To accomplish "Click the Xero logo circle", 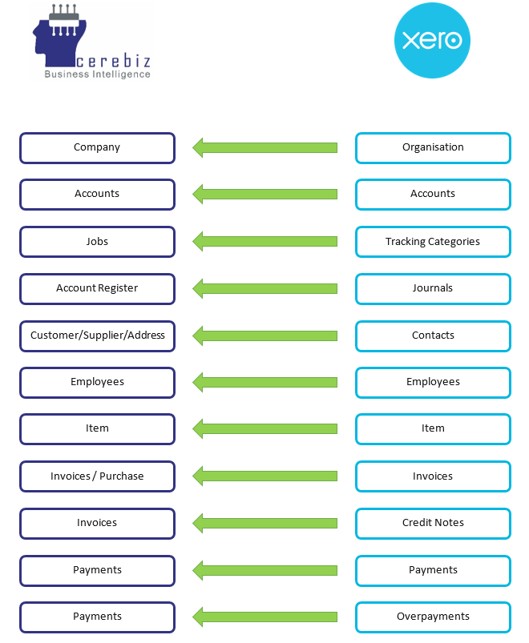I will coord(433,41).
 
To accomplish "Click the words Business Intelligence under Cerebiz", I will coord(97,74).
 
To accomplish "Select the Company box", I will coord(97,147).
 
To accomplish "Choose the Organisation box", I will coord(433,147).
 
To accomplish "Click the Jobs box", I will coord(97,242).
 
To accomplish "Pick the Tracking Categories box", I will coord(433,242).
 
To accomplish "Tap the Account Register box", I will coord(97,288).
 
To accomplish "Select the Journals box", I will coord(433,288).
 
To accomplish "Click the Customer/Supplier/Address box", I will coord(97,336).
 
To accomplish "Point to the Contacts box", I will coord(433,336).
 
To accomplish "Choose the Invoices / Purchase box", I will coord(97,476).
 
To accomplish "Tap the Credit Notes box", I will coord(433,523).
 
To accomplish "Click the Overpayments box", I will coord(433,617).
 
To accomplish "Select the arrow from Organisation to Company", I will coord(264,147).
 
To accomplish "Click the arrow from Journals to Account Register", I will coord(264,288).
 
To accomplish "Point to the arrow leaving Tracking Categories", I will coord(264,242).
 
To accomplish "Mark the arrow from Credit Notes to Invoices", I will coord(264,523).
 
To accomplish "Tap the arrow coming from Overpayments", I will coord(264,617).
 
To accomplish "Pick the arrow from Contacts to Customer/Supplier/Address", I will coord(264,336).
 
